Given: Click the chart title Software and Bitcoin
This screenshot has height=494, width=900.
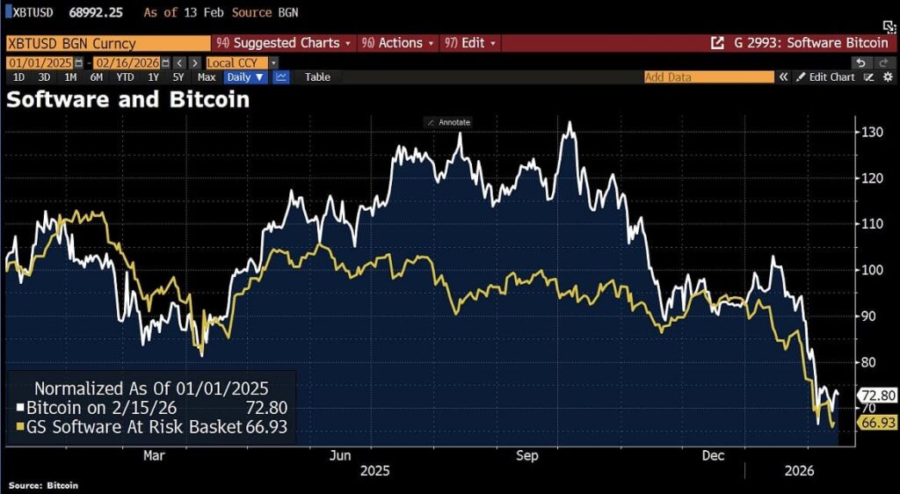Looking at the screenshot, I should tap(128, 99).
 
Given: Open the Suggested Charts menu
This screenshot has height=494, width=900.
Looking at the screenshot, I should tap(282, 43).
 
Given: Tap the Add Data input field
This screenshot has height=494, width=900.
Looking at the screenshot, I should tap(708, 77).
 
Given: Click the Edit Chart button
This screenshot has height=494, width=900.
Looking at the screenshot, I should tap(825, 77).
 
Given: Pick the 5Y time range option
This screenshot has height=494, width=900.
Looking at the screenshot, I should tap(180, 77).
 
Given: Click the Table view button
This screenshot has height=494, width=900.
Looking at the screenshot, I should tap(317, 77).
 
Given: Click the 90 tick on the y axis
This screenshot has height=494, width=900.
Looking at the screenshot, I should tap(867, 316).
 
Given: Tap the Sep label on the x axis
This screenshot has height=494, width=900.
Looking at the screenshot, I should tap(526, 455).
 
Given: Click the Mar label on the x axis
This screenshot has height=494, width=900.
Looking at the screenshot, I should tap(154, 455).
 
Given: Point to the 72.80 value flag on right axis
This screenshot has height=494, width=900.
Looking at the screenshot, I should tap(876, 396).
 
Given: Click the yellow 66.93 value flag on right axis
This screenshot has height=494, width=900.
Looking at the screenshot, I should tap(876, 424).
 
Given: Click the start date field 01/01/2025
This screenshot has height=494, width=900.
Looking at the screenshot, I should tap(40, 63).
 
